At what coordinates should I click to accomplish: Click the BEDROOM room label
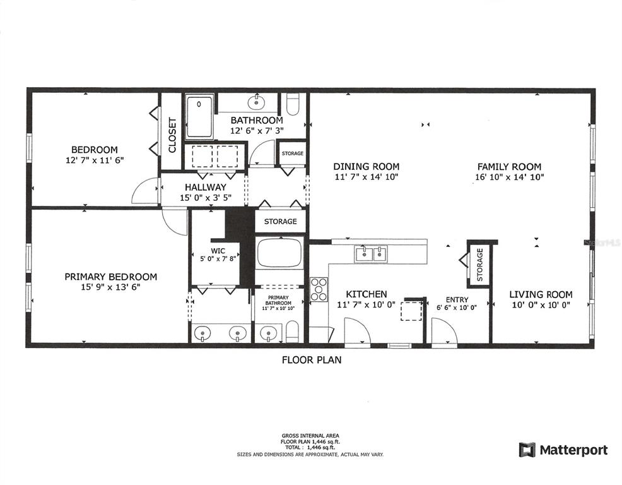[x=95, y=150]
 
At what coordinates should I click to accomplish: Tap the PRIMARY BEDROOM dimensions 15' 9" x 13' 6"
[x=110, y=287]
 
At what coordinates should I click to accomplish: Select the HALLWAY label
[x=206, y=187]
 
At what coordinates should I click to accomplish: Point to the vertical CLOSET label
[x=172, y=135]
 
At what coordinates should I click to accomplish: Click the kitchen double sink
[x=371, y=254]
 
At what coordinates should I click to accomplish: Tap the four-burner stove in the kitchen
[x=319, y=289]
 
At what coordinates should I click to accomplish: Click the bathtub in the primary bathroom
[x=279, y=253]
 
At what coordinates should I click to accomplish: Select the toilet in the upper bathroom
[x=292, y=104]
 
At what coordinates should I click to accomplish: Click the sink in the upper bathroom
[x=256, y=102]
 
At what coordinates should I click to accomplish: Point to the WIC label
[x=218, y=251]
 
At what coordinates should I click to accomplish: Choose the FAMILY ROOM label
[x=509, y=167]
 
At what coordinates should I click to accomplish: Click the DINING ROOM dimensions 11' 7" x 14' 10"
[x=366, y=177]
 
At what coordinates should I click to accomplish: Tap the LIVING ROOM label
[x=541, y=295]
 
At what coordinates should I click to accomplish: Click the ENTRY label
[x=457, y=299]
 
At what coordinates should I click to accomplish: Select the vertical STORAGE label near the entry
[x=479, y=265]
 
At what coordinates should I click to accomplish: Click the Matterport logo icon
[x=527, y=450]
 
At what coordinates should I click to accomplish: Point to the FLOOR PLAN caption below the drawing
[x=312, y=360]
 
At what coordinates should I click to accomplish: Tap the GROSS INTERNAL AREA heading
[x=310, y=436]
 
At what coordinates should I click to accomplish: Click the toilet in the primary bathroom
[x=292, y=332]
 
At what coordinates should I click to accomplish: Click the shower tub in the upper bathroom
[x=199, y=116]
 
